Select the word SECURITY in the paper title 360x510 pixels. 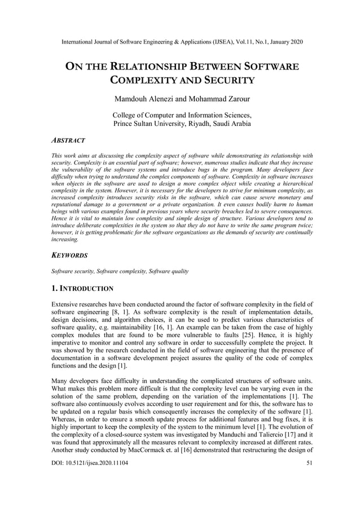click(x=223, y=80)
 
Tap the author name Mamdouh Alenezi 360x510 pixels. click(x=149, y=99)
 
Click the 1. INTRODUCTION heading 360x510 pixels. click(x=82, y=289)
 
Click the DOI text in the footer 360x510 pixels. click(x=89, y=494)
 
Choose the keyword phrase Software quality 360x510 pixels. click(x=169, y=271)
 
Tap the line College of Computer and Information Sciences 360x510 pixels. click(x=182, y=115)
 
